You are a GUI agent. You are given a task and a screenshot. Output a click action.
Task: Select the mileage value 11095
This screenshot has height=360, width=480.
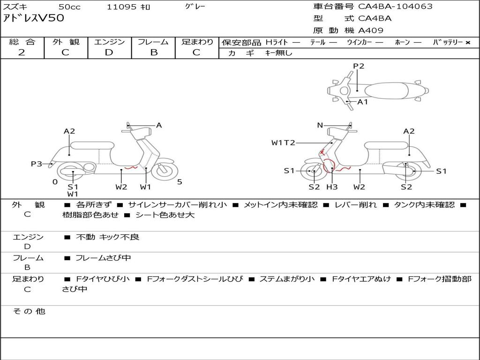(121, 7)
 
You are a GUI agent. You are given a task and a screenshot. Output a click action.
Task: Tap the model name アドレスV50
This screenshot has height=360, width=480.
(34, 19)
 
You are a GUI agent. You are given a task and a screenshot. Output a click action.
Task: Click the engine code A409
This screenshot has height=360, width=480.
(371, 31)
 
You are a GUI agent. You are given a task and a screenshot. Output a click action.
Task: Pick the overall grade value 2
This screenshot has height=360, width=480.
(22, 52)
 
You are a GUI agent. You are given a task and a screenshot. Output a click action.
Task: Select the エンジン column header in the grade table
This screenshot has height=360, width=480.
(109, 42)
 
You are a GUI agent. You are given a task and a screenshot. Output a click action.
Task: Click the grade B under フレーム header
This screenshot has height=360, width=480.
(154, 52)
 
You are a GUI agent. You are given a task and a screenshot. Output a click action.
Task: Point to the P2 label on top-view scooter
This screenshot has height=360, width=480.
(359, 66)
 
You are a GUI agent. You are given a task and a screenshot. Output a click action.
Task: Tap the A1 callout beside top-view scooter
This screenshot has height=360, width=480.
(363, 102)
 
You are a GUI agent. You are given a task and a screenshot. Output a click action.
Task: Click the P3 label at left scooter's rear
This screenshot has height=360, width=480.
(37, 164)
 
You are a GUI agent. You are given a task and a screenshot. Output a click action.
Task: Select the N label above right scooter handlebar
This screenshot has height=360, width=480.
(320, 125)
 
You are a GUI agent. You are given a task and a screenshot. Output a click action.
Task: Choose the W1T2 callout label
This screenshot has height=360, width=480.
(283, 142)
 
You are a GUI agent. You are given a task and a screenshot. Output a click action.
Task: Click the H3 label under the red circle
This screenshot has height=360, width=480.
(332, 187)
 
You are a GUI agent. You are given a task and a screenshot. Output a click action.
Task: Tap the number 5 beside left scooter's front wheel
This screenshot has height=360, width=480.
(180, 182)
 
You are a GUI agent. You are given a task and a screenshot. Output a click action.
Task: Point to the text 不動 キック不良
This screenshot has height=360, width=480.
(107, 237)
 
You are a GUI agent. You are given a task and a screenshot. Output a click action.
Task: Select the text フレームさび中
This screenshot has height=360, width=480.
(103, 258)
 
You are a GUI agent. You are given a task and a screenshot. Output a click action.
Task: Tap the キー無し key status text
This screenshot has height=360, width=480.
(278, 53)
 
